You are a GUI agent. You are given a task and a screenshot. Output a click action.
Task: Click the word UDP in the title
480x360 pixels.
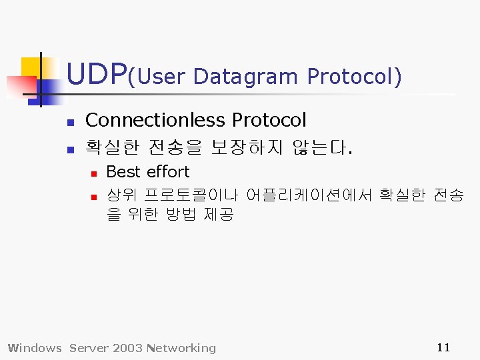97,75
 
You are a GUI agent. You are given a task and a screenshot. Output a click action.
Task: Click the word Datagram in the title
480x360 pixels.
245,77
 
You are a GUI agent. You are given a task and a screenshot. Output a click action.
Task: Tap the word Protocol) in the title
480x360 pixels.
354,77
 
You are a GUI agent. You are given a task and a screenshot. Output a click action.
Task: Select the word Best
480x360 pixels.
123,172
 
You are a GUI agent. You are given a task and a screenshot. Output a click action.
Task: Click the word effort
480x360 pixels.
168,172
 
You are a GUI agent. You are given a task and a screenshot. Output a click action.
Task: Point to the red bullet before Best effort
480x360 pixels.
94,173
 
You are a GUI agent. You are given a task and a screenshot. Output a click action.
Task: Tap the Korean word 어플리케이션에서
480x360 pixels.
309,195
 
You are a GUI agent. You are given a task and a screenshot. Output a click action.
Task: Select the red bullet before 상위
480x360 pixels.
94,197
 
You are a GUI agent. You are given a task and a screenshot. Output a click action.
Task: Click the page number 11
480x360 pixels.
443,347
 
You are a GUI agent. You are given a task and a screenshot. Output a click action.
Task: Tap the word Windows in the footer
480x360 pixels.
34,348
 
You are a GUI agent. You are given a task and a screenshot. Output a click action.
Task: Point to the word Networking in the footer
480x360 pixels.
183,348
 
